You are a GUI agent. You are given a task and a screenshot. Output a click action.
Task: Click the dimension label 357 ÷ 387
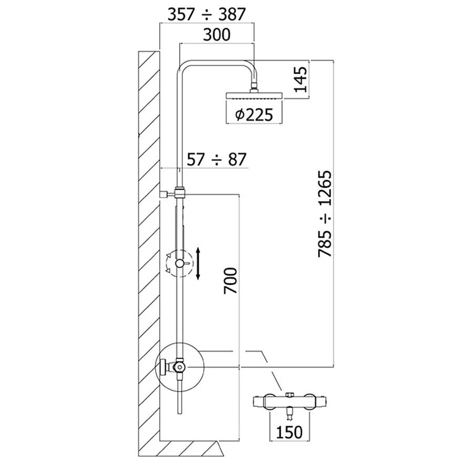207,14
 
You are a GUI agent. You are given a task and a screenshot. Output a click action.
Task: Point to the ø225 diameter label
254,115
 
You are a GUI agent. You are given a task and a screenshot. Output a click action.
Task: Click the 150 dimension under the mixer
289,432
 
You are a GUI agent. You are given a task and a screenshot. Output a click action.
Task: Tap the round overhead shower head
254,96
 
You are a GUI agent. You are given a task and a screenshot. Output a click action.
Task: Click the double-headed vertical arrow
198,264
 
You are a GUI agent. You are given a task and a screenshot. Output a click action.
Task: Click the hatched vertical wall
148,236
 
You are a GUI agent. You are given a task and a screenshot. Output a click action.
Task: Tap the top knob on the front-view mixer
289,394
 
